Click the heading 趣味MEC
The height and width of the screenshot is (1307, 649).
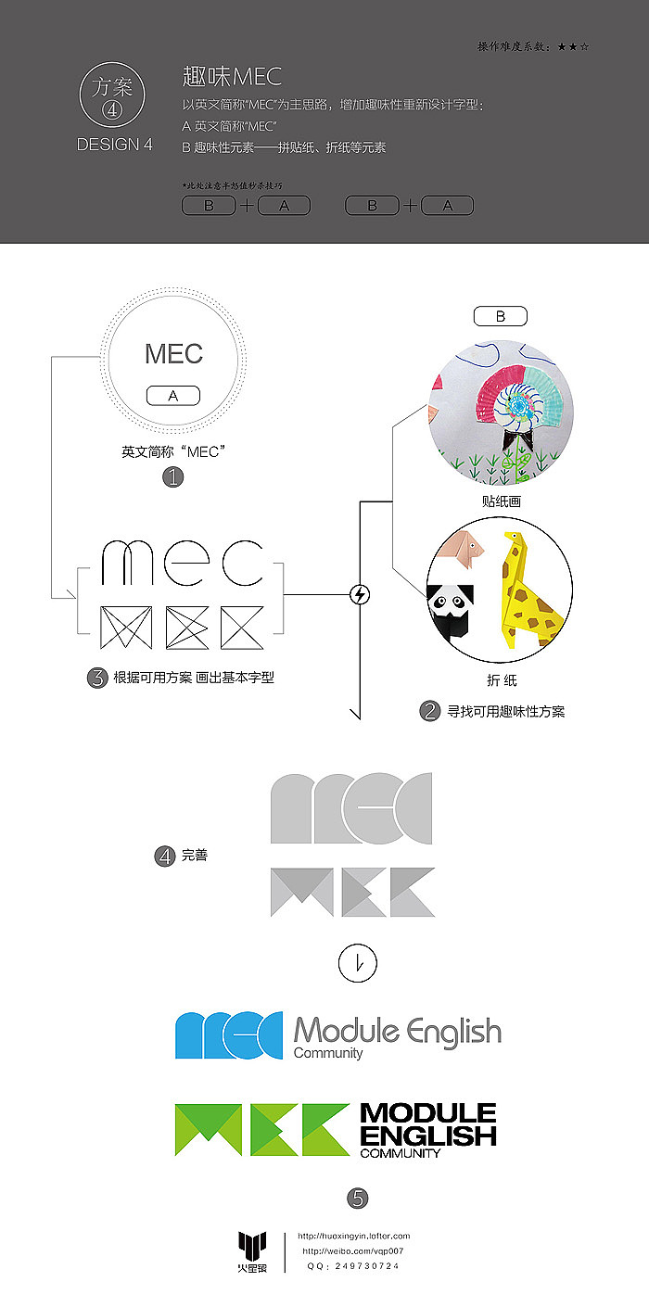tap(232, 76)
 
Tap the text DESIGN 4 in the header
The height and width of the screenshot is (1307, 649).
tap(114, 145)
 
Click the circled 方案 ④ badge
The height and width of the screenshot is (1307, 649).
tap(113, 97)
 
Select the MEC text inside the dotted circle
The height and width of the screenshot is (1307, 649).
tap(173, 354)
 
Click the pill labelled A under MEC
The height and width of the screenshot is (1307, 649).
tap(173, 396)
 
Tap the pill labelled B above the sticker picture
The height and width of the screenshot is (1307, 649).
tap(501, 316)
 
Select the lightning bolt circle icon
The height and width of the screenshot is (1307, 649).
tap(360, 594)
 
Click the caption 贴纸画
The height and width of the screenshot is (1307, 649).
tap(501, 501)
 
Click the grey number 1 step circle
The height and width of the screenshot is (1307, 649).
tap(173, 477)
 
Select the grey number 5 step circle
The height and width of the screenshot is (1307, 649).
tap(358, 1199)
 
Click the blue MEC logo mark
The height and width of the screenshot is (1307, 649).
tap(229, 1034)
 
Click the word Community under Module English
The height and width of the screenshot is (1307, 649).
tap(328, 1053)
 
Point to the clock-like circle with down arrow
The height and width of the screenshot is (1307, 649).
tap(358, 964)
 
